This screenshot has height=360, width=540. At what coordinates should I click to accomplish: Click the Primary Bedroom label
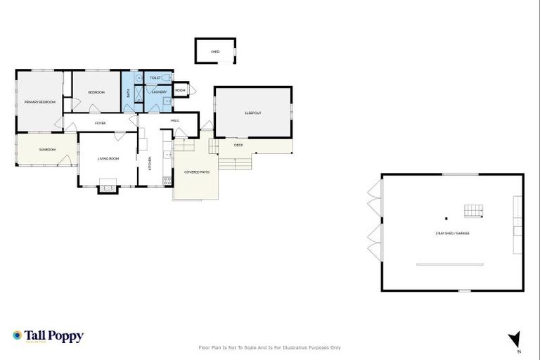[39, 103]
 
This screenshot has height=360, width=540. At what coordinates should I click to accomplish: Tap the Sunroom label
[47, 150]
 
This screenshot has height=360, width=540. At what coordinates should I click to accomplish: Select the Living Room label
[108, 159]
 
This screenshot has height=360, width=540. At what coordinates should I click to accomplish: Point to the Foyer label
[101, 123]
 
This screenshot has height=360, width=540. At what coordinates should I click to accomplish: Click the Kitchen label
[149, 161]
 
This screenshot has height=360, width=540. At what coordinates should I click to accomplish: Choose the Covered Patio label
[196, 172]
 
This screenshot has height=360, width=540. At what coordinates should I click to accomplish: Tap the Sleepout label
[253, 113]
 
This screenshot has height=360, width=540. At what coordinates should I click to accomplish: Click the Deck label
[238, 146]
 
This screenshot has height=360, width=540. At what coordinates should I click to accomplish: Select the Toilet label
[156, 77]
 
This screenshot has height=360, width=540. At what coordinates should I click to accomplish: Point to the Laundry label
[159, 92]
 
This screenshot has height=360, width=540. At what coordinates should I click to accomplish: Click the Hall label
[174, 120]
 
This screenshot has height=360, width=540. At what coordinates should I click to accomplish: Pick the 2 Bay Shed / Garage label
[452, 233]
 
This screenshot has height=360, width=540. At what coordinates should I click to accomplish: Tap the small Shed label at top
[215, 51]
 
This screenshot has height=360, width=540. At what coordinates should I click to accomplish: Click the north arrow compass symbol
[516, 340]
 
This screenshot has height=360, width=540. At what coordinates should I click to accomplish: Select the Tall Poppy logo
[48, 337]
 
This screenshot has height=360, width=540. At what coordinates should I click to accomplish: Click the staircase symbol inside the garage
[473, 211]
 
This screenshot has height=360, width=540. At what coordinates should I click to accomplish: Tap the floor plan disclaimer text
[270, 347]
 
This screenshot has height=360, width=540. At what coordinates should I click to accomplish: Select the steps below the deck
[235, 163]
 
